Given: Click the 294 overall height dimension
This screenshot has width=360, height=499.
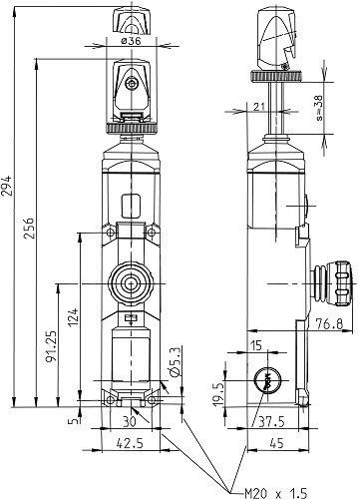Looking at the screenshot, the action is (7, 186).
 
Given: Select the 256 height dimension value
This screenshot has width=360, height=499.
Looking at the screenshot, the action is (29, 228).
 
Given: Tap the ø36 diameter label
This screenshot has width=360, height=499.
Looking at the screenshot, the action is (131, 41).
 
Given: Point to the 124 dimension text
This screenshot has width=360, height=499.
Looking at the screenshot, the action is (73, 317).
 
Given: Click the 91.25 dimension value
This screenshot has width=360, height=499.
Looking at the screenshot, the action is (51, 348).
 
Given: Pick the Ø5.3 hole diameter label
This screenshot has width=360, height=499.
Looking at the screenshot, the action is (175, 362).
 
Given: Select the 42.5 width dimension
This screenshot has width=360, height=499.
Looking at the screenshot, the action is (130, 443).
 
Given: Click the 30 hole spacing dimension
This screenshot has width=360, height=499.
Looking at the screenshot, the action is (130, 421).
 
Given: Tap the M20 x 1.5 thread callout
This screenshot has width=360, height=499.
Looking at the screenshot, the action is (276, 493).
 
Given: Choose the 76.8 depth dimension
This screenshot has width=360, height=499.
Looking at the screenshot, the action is (329, 323).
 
